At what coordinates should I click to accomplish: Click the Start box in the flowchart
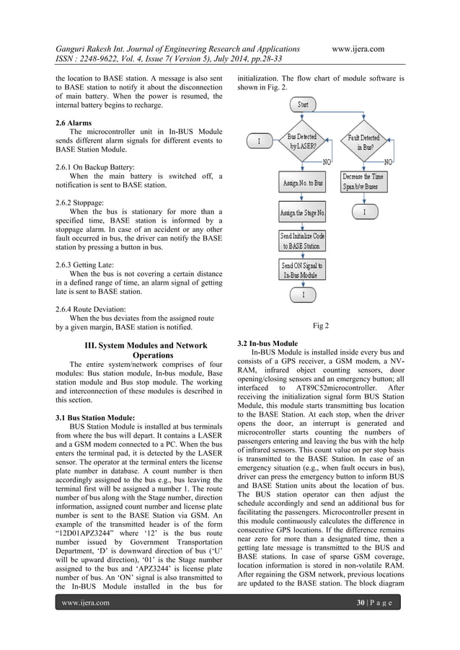click(303, 105)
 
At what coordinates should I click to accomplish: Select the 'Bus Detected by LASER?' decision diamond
click(302, 141)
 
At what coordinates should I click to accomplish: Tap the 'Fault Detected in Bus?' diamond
click(363, 141)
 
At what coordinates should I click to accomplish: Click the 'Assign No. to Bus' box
click(302, 183)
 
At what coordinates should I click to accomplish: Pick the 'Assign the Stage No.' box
click(302, 213)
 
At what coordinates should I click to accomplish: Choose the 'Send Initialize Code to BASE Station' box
click(302, 241)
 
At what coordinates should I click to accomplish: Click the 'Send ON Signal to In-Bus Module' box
click(302, 270)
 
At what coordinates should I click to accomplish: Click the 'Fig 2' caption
click(321, 326)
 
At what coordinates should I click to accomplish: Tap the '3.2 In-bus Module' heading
click(267, 342)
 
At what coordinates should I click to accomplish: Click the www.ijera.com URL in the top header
click(358, 49)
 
